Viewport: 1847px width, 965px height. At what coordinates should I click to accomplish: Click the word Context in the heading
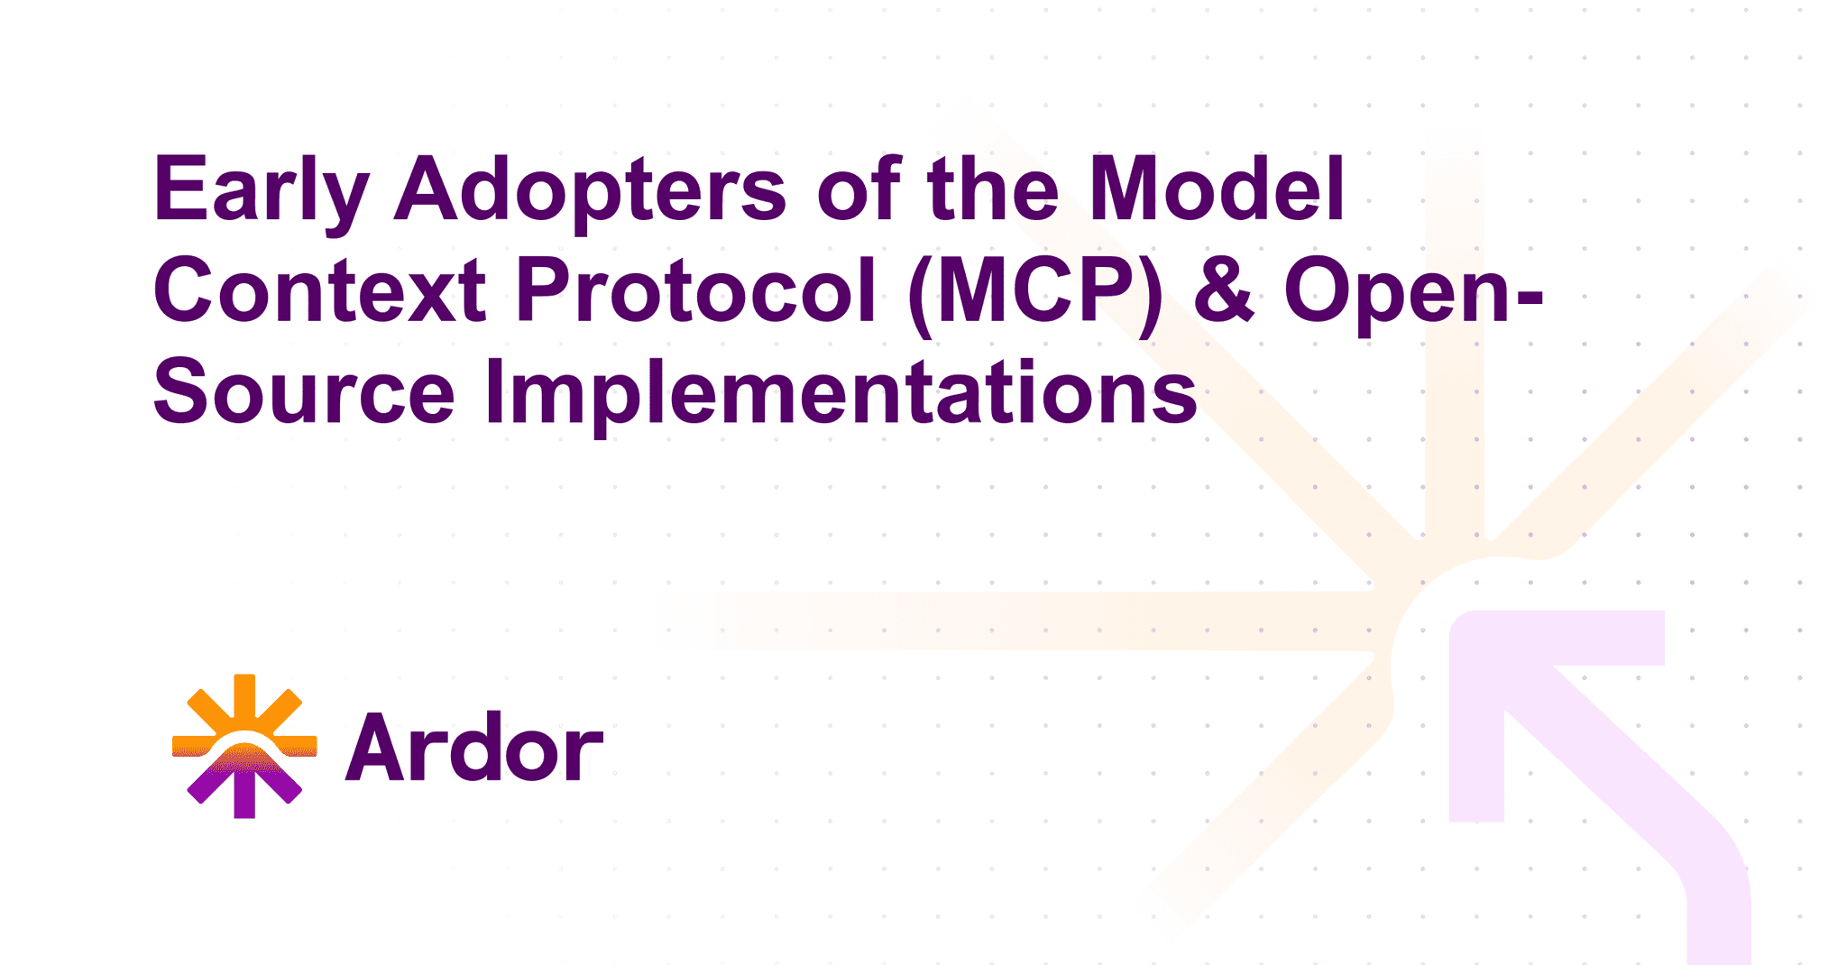coord(320,290)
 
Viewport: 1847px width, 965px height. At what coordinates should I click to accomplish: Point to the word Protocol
coord(696,290)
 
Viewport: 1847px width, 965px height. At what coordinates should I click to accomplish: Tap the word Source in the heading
coord(304,392)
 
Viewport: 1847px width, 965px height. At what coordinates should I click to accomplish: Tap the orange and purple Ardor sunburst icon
coord(244,746)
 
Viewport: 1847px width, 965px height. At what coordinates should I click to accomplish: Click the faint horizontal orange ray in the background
coord(1037,620)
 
